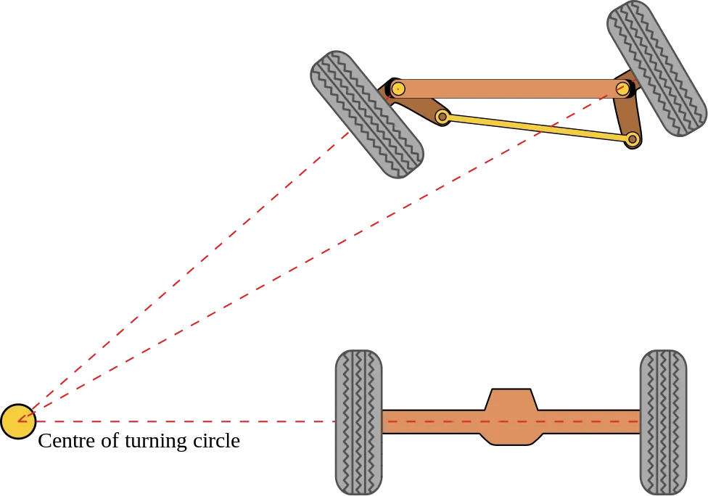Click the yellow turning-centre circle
click(18, 421)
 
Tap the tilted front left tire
click(366, 113)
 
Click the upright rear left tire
click(358, 422)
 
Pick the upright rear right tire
click(664, 422)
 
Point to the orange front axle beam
click(508, 88)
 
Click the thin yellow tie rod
click(537, 127)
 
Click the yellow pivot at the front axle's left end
click(398, 88)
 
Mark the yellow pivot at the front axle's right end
click(622, 88)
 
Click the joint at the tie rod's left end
click(442, 116)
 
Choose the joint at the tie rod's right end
click(632, 139)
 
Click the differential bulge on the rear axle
click(511, 417)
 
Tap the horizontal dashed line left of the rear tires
click(181, 421)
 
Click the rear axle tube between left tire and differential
click(432, 422)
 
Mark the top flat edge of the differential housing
click(511, 391)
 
